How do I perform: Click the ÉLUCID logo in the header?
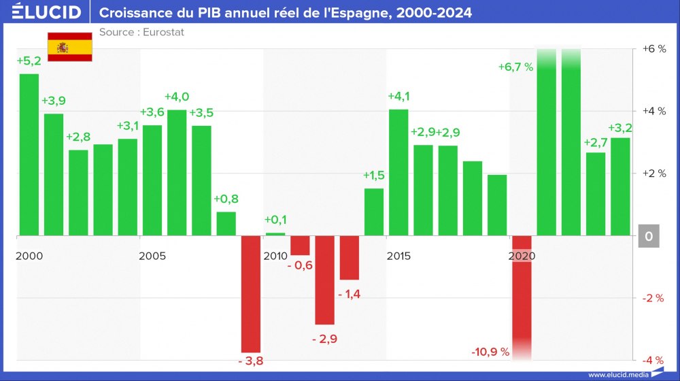click(x=46, y=12)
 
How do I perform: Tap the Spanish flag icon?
click(x=69, y=47)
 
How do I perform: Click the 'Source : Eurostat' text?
click(x=141, y=32)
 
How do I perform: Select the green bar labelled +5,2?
click(x=29, y=154)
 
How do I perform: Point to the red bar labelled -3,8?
click(x=251, y=293)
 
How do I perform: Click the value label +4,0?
click(x=177, y=97)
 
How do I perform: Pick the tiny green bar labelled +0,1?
click(x=275, y=234)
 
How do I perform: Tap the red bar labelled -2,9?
click(x=324, y=280)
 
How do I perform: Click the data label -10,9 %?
click(x=490, y=352)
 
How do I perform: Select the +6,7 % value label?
click(x=515, y=67)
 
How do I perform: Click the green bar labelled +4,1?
click(x=398, y=172)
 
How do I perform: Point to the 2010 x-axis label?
click(x=275, y=256)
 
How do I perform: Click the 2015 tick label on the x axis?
click(x=398, y=256)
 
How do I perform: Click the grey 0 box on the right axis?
click(x=649, y=236)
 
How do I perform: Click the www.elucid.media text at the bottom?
click(x=618, y=374)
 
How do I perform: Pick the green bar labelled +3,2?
click(x=620, y=186)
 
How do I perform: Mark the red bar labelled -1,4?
click(x=350, y=258)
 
